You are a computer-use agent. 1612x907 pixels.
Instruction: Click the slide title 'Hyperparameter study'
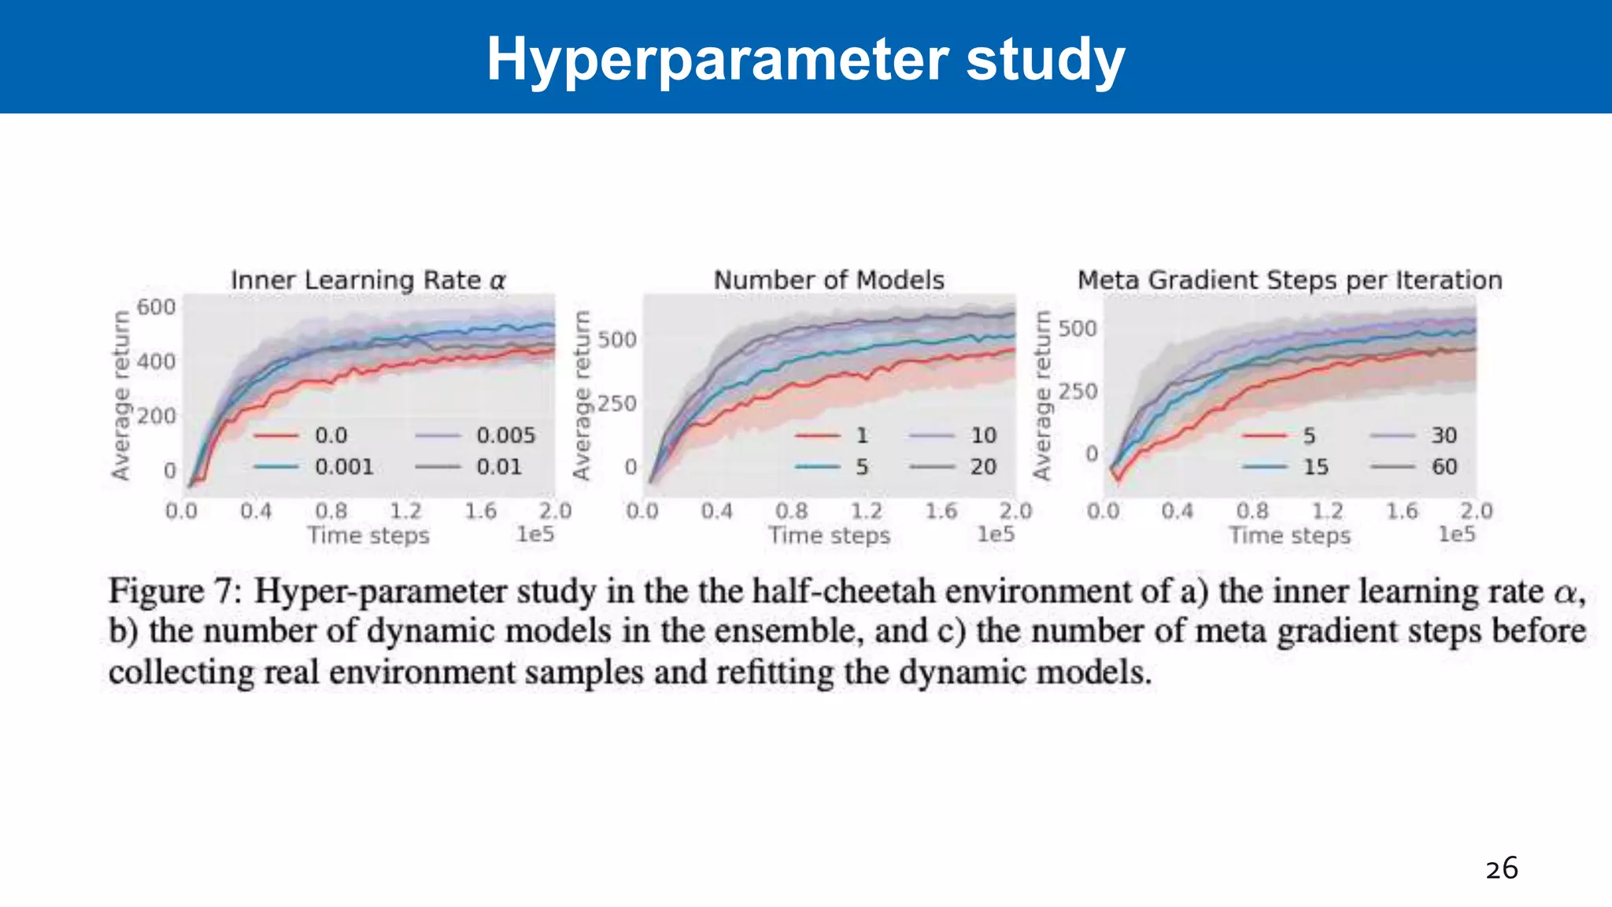[x=805, y=60]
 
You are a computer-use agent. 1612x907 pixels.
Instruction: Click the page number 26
[x=1501, y=868]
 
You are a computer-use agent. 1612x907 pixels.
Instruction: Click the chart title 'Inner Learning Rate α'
[x=368, y=280]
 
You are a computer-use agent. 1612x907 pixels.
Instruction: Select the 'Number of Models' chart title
[x=829, y=280]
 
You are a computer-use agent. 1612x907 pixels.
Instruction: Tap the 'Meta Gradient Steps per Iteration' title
[x=1289, y=280]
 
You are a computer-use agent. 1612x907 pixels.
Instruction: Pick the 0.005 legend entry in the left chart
[x=505, y=435]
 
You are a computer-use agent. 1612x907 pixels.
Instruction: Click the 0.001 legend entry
[x=344, y=467]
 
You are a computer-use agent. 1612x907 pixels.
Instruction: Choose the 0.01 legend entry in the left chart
[x=499, y=467]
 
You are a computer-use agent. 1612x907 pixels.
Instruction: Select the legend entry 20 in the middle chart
[x=983, y=467]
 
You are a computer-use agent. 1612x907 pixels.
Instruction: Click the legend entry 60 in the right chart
[x=1444, y=467]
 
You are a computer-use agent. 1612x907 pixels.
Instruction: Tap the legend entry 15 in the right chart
[x=1315, y=467]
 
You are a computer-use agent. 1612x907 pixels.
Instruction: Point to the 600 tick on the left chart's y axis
[x=156, y=307]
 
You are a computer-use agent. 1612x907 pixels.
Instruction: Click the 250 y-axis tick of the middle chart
[x=617, y=403]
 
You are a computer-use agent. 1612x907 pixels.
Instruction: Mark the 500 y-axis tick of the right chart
[x=1078, y=328]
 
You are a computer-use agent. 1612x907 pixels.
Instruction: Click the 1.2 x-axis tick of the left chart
[x=406, y=511]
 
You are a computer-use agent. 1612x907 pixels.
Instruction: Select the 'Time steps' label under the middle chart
[x=829, y=535]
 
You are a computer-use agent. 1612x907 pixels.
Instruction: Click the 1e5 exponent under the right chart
[x=1456, y=535]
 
